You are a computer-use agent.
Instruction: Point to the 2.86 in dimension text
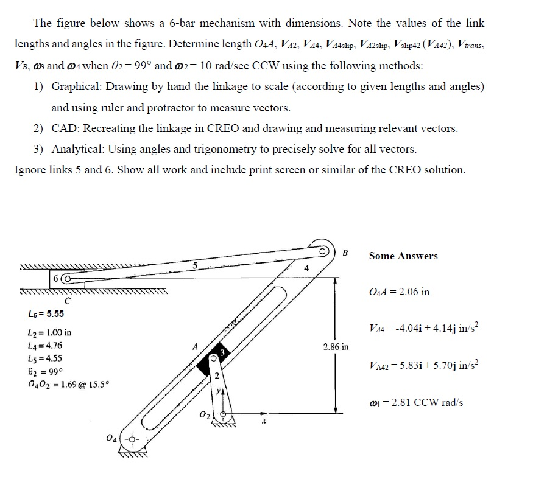click(x=335, y=346)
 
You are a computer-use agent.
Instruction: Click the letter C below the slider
click(x=68, y=299)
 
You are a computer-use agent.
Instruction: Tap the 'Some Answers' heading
click(x=403, y=256)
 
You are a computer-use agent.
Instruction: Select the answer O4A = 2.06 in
click(x=399, y=292)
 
